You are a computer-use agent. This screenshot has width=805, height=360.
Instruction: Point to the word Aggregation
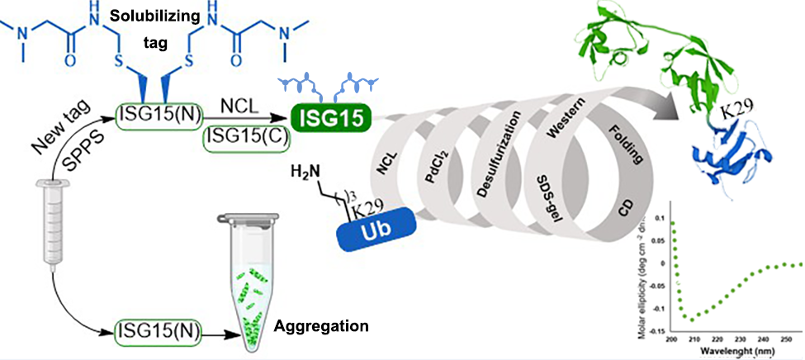321,326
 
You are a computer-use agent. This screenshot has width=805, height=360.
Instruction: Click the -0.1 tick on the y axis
661,307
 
